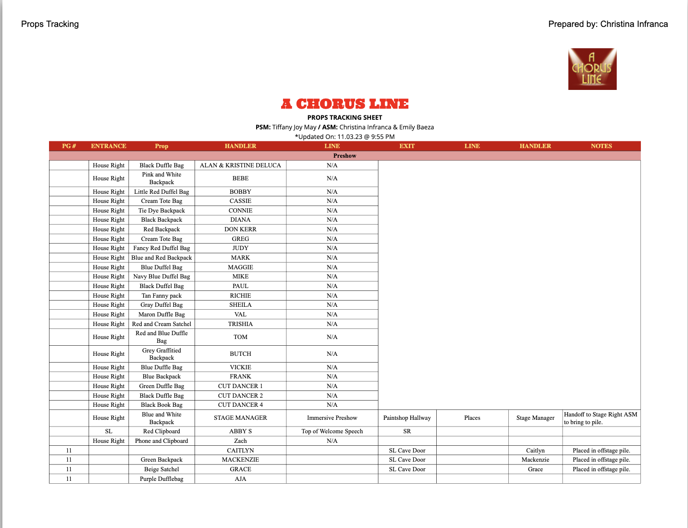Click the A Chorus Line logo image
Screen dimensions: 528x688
pyautogui.click(x=592, y=69)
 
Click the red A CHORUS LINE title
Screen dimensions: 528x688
pyautogui.click(x=344, y=104)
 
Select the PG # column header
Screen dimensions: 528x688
pyautogui.click(x=69, y=146)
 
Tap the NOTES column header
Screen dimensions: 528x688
pyautogui.click(x=601, y=146)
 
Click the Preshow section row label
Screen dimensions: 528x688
pyautogui.click(x=344, y=156)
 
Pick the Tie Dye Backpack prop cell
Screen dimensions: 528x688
pyautogui.click(x=161, y=211)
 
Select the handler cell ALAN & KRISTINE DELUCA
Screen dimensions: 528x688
pyautogui.click(x=240, y=165)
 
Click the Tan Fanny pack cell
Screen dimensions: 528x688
pyautogui.click(x=161, y=296)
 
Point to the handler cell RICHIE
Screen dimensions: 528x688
pyautogui.click(x=240, y=296)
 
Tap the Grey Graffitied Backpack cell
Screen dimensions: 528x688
pyautogui.click(x=161, y=354)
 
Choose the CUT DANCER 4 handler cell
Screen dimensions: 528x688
pyautogui.click(x=240, y=405)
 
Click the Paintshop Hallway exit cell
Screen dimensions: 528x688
pyautogui.click(x=407, y=418)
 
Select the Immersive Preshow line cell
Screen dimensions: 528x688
pyautogui.click(x=332, y=418)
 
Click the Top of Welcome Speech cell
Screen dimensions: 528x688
pyautogui.click(x=332, y=431)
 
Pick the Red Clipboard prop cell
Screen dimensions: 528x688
pyautogui.click(x=161, y=431)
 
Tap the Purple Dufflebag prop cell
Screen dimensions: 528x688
pyautogui.click(x=161, y=479)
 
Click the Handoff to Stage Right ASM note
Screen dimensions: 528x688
pyautogui.click(x=601, y=418)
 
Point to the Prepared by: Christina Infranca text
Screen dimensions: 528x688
pyautogui.click(x=608, y=24)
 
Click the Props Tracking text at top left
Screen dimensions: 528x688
pyautogui.click(x=50, y=24)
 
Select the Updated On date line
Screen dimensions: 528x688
pyautogui.click(x=344, y=137)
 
